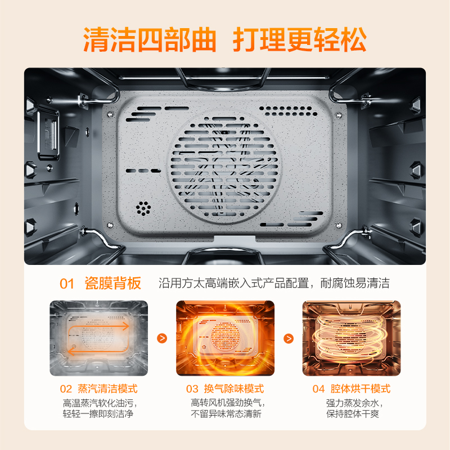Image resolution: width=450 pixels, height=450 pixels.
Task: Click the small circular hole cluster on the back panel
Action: [144, 208]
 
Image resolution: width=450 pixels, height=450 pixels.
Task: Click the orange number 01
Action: [67, 283]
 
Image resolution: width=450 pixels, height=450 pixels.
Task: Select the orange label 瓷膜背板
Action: [112, 283]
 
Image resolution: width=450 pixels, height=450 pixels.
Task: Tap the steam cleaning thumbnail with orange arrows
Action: [98, 338]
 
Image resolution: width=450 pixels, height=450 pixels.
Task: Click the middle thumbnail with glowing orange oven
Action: [225, 338]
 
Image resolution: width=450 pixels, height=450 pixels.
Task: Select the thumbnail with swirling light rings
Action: [352, 338]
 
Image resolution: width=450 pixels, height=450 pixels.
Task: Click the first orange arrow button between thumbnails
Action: [162, 339]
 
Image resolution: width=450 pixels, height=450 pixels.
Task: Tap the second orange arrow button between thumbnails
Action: [289, 339]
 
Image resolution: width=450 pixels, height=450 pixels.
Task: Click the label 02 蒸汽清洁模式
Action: [98, 389]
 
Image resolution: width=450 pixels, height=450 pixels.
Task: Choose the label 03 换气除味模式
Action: [225, 389]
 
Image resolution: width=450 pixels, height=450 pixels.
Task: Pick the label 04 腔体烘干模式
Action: [352, 389]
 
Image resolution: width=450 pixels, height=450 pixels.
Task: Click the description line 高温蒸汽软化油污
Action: [98, 403]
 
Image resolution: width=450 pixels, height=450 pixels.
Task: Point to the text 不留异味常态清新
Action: [225, 415]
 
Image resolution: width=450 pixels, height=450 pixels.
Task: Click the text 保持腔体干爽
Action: [352, 415]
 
